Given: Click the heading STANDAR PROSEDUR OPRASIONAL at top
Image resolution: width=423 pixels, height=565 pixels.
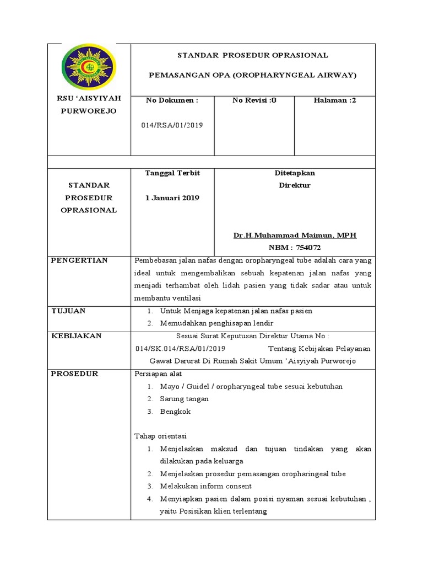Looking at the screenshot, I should [253, 55].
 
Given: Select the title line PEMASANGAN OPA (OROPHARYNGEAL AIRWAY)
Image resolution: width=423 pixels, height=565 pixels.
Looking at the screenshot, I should [253, 74].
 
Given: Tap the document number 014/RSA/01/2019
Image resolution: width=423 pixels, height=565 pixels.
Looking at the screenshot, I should [172, 125].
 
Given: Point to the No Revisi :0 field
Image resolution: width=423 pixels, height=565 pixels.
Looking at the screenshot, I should [254, 100].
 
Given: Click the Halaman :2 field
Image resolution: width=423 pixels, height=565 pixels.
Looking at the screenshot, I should [335, 100].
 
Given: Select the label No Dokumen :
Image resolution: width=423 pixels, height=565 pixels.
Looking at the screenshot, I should [171, 100].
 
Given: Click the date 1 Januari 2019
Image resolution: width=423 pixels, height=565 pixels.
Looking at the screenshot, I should [172, 198].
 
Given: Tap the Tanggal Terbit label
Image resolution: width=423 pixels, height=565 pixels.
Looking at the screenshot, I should [172, 173].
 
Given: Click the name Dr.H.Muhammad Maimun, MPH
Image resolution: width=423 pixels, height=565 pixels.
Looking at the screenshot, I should [295, 235].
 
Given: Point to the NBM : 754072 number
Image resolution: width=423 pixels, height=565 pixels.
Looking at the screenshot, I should [295, 248].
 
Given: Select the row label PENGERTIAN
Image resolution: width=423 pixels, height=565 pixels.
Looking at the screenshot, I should [79, 260].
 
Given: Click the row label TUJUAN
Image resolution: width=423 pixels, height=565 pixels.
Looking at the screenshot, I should [68, 311].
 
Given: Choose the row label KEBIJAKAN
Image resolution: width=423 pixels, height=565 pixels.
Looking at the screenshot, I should [76, 336].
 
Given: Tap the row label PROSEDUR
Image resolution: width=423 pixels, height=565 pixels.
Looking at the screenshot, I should [74, 374].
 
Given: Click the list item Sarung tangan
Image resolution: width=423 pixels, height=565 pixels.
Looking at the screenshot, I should [185, 399].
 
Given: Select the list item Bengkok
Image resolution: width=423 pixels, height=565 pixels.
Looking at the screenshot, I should [173, 412].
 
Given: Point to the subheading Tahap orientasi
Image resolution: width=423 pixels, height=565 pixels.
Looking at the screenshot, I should [161, 436].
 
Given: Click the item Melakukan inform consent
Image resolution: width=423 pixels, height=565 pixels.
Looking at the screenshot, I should [205, 486].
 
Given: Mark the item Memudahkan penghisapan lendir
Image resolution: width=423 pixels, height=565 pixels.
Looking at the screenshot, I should [216, 323].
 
